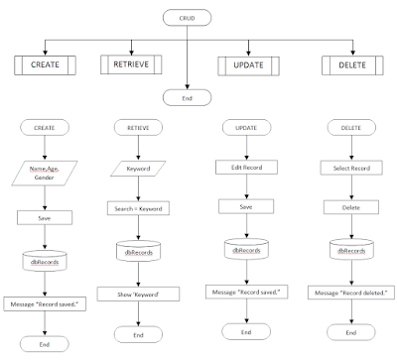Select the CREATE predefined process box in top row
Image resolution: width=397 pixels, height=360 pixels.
[44, 65]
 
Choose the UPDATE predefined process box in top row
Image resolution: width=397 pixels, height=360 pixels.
[246, 65]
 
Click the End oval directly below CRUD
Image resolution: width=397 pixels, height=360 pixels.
[188, 97]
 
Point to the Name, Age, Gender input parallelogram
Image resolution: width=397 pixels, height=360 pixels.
[44, 175]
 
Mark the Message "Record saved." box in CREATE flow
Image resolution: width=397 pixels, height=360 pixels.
[44, 301]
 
